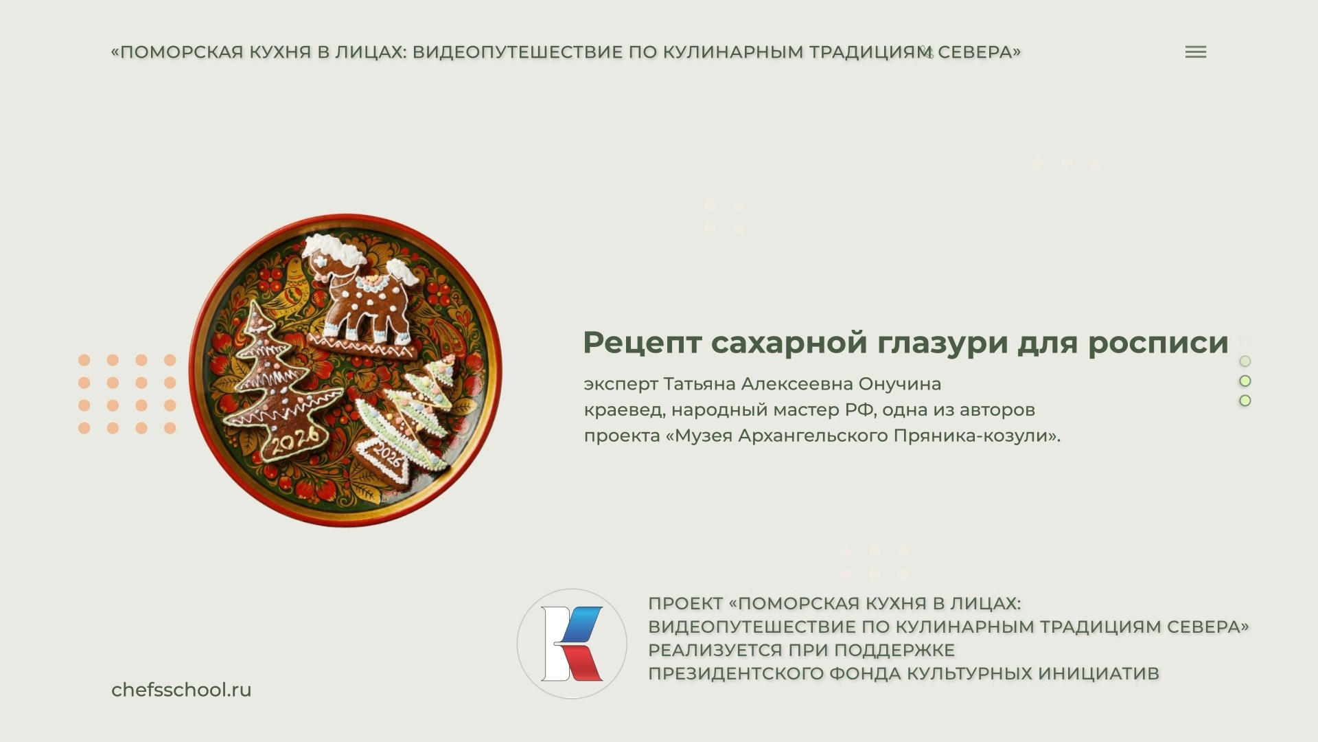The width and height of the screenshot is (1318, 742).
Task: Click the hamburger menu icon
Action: [1195, 52]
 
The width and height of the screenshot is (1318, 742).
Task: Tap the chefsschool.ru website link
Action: [181, 690]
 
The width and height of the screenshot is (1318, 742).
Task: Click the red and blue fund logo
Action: [572, 644]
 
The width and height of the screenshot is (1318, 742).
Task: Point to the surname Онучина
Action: [900, 383]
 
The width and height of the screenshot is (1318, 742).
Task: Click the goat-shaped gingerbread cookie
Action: [364, 295]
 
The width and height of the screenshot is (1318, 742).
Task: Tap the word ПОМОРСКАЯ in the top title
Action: [181, 52]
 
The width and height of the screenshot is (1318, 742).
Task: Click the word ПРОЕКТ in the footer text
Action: [685, 604]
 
